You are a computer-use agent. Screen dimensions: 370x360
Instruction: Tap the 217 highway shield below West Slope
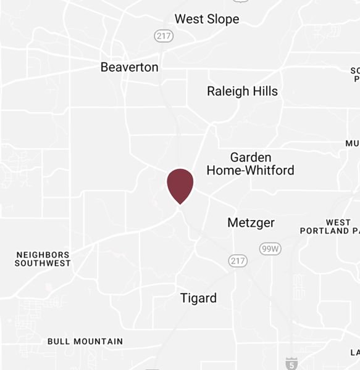click(x=164, y=36)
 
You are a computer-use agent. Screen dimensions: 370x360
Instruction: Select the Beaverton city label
click(x=130, y=67)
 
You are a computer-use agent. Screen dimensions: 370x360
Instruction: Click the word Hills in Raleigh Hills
click(x=263, y=91)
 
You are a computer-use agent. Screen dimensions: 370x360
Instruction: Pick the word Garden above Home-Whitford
click(x=251, y=157)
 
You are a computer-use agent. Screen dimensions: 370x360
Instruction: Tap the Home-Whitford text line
click(x=250, y=170)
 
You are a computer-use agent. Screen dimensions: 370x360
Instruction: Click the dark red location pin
click(x=180, y=184)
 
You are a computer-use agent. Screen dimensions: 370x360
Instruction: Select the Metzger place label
click(x=251, y=223)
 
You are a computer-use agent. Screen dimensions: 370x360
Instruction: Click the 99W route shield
click(x=270, y=249)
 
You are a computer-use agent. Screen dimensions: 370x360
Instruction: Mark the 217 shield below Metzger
click(x=237, y=261)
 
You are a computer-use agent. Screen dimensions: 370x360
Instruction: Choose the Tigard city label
click(x=198, y=298)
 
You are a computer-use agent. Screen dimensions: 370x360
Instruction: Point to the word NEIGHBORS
click(x=43, y=255)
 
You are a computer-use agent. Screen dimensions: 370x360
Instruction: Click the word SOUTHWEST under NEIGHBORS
click(x=43, y=263)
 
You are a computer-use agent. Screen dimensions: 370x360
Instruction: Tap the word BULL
click(x=59, y=341)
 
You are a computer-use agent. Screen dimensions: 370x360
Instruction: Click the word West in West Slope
click(x=188, y=20)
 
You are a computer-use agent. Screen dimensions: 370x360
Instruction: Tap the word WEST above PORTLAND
click(x=338, y=223)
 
